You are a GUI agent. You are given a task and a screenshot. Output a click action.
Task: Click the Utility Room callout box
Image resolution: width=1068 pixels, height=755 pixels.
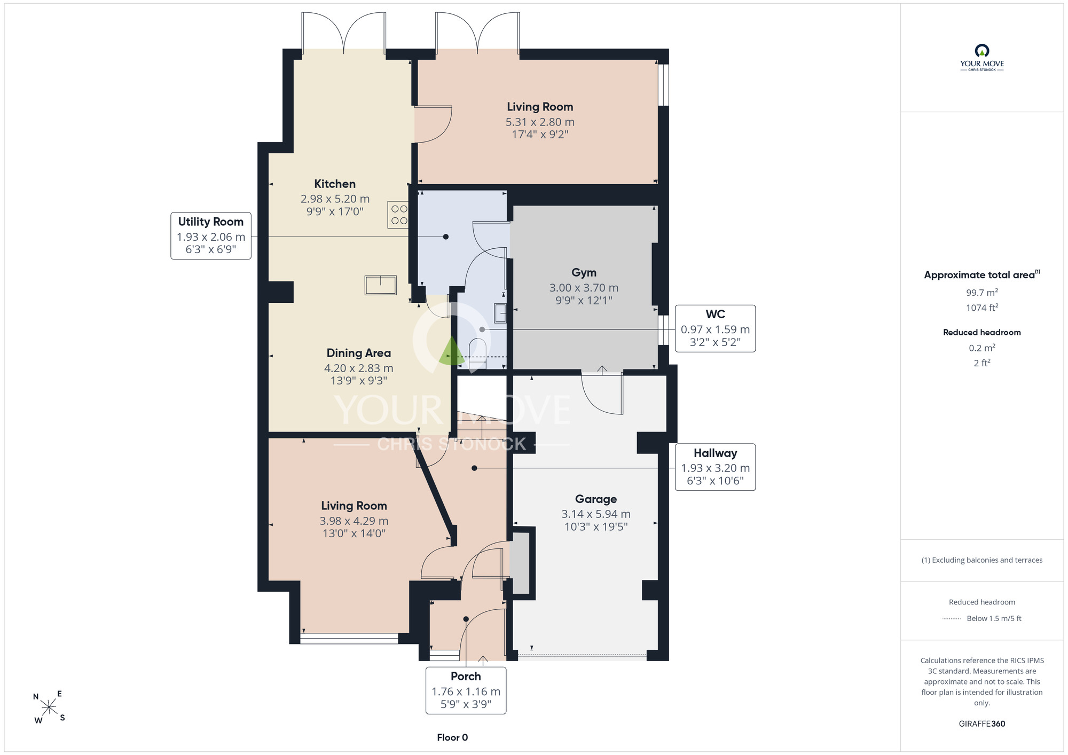[x=211, y=235]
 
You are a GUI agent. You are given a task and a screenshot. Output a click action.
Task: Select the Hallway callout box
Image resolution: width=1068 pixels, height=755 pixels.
[x=715, y=467]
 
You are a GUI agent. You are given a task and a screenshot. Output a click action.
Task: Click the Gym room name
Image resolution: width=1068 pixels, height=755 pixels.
[x=584, y=272]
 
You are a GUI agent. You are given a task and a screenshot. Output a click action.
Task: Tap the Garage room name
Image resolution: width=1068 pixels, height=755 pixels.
[x=596, y=499]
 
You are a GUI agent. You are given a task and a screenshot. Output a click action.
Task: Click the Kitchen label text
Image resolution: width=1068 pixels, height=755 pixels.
[x=335, y=184]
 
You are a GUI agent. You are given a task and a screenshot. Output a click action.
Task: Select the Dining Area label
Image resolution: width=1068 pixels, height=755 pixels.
[x=359, y=353]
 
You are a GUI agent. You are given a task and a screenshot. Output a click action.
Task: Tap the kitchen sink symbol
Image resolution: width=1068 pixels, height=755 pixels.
[x=381, y=285]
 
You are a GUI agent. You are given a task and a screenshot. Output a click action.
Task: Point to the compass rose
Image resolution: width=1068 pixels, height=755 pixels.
[x=49, y=707]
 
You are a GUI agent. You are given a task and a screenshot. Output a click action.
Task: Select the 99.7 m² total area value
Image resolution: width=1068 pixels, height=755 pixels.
[x=982, y=292]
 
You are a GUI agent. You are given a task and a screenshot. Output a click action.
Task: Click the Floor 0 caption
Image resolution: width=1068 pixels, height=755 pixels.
[x=452, y=737]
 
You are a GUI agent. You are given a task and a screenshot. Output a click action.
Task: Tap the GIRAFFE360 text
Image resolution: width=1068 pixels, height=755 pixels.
[x=981, y=723]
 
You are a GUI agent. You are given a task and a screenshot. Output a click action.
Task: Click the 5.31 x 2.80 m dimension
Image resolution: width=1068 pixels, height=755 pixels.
[x=540, y=122]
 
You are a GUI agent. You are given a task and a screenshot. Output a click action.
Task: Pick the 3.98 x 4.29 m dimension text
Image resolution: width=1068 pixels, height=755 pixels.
[x=354, y=521]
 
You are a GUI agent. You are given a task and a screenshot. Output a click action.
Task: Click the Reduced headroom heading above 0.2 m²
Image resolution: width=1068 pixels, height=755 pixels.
[x=981, y=332]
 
